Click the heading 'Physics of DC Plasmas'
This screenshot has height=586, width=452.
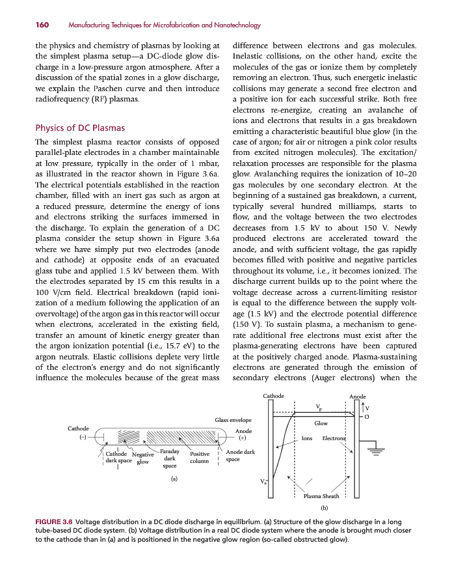[x=79, y=128]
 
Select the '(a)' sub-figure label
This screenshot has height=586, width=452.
[x=174, y=479]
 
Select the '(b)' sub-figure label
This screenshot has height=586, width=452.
[x=324, y=507]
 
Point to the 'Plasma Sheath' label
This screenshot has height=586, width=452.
[x=321, y=496]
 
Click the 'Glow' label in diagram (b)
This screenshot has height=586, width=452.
[x=321, y=423]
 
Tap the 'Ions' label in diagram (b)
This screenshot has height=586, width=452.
[x=307, y=438]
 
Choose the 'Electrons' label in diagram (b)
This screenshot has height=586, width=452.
[x=335, y=438]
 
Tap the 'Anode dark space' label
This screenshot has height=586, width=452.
[x=239, y=455]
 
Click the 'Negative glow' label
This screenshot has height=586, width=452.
[x=142, y=458]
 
